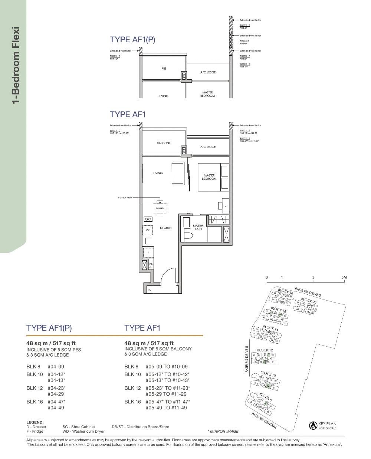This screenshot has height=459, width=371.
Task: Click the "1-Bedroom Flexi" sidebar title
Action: (16, 65)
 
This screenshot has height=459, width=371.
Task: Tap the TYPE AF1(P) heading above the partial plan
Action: (132, 40)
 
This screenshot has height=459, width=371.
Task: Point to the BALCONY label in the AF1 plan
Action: (163, 143)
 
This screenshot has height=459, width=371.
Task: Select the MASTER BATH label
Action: (198, 227)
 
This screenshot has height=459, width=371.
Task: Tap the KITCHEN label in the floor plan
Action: (165, 228)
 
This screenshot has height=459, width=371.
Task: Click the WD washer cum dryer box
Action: (148, 230)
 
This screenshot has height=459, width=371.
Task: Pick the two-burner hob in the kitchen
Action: (148, 219)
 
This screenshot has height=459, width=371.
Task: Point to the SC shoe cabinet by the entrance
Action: (150, 289)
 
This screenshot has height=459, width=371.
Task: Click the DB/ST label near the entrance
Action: (151, 265)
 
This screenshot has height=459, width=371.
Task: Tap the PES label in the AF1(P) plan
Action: (164, 69)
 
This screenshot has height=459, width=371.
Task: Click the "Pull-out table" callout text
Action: (125, 198)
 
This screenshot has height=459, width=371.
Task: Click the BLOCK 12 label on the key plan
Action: (265, 350)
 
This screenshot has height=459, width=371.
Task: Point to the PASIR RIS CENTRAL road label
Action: (264, 421)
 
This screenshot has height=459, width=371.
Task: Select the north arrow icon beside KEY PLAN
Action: (313, 426)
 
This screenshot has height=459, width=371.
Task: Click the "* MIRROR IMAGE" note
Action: (223, 431)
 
